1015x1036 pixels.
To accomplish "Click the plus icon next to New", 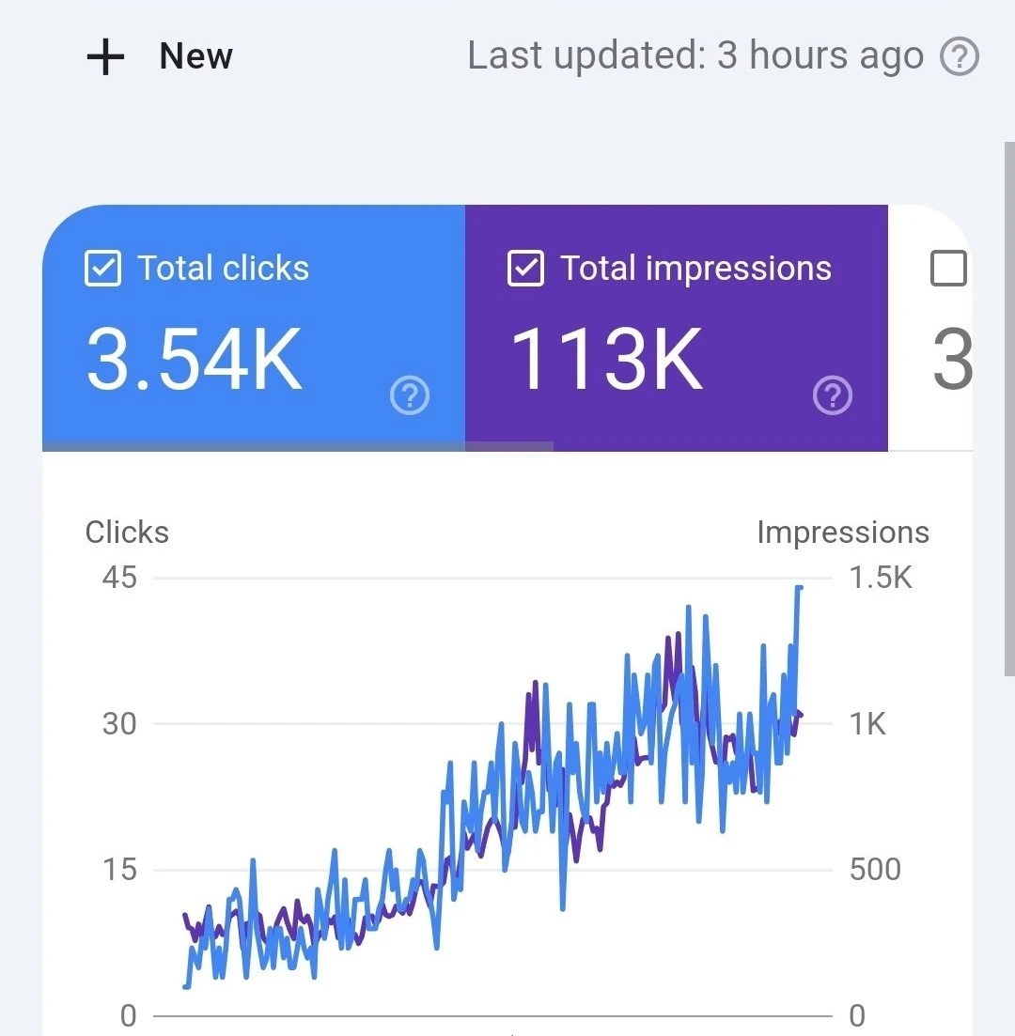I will tap(105, 57).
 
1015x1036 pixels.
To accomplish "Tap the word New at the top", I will tap(195, 56).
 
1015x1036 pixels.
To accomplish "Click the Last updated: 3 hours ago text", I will tap(695, 56).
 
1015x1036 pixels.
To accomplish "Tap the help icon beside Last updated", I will tap(960, 58).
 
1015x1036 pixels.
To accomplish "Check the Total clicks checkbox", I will tap(102, 270).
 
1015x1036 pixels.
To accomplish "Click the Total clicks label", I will tap(224, 269).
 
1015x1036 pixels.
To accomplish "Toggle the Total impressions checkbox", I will tap(525, 270).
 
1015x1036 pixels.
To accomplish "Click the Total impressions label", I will tap(696, 269).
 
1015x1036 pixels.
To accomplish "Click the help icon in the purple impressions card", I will tap(833, 396).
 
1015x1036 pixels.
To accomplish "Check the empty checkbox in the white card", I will tap(947, 270).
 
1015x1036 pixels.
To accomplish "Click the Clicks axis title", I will tap(127, 533).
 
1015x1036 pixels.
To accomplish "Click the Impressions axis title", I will tap(843, 533).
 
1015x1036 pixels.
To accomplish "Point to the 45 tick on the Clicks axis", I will tap(119, 577).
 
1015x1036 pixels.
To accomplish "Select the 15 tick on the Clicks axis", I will tap(119, 870).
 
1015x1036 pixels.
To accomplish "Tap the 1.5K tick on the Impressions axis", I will tap(881, 577).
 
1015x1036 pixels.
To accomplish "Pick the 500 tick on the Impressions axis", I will tap(875, 870).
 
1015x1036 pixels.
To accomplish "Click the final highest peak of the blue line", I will tap(799, 588).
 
